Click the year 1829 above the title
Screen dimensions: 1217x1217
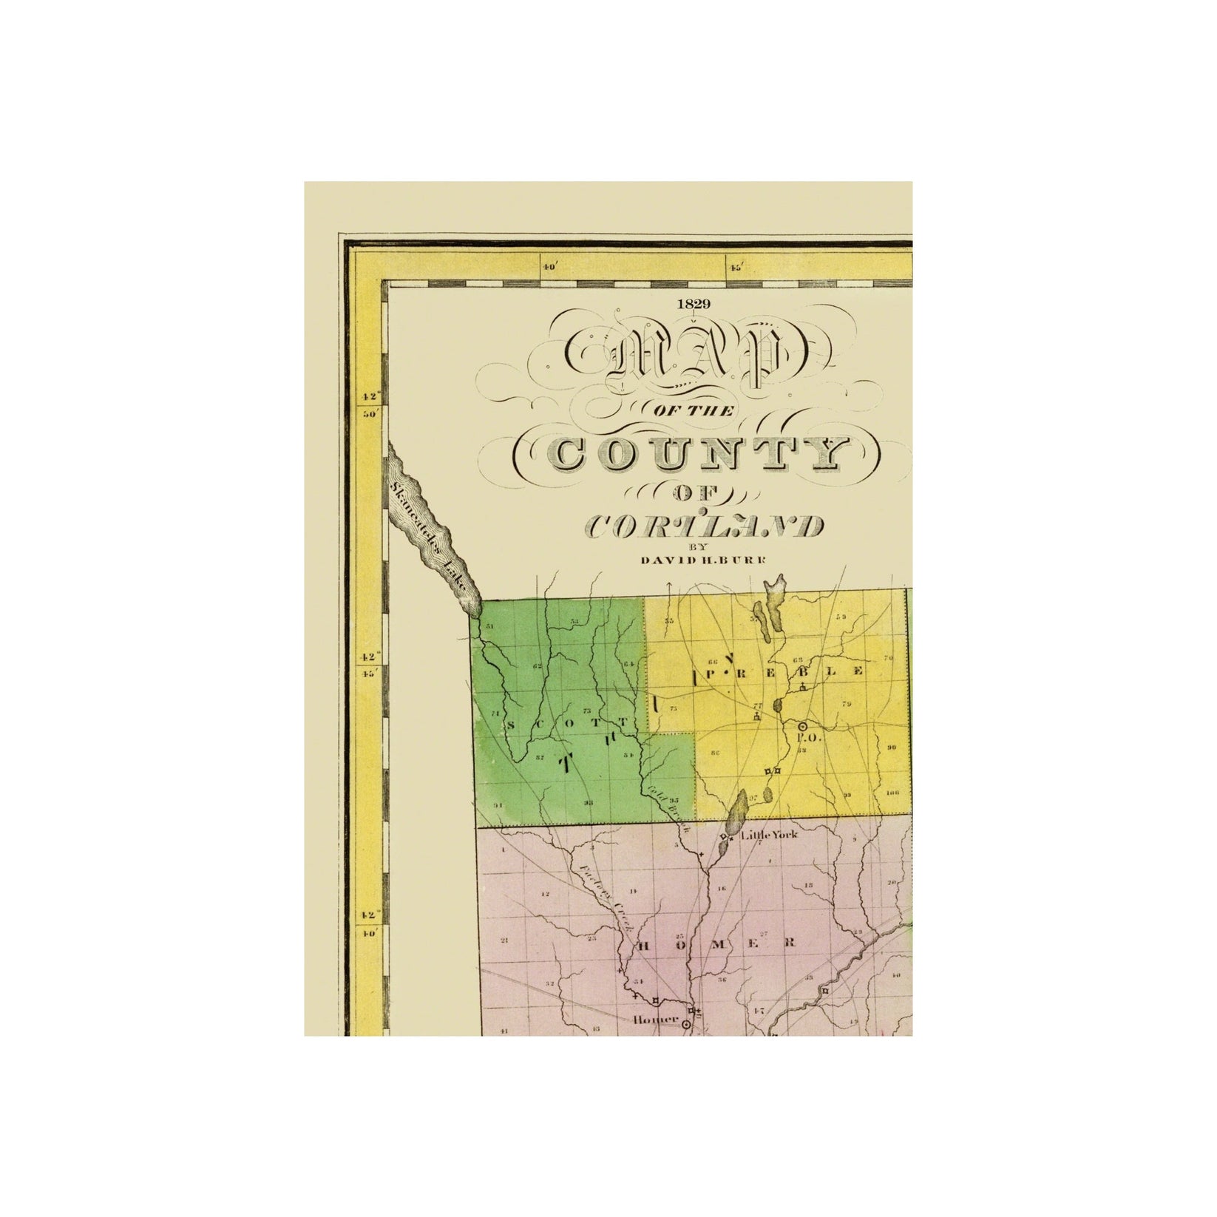point(692,303)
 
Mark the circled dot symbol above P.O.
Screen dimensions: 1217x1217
point(802,727)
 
